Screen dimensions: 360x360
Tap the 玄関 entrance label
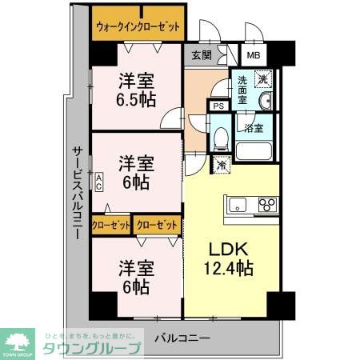pos(202,55)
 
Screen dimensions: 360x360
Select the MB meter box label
pos(253,55)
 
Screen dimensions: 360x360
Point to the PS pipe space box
pos(218,105)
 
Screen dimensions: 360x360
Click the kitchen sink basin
pos(238,205)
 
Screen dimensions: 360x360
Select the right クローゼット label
pos(157,226)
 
